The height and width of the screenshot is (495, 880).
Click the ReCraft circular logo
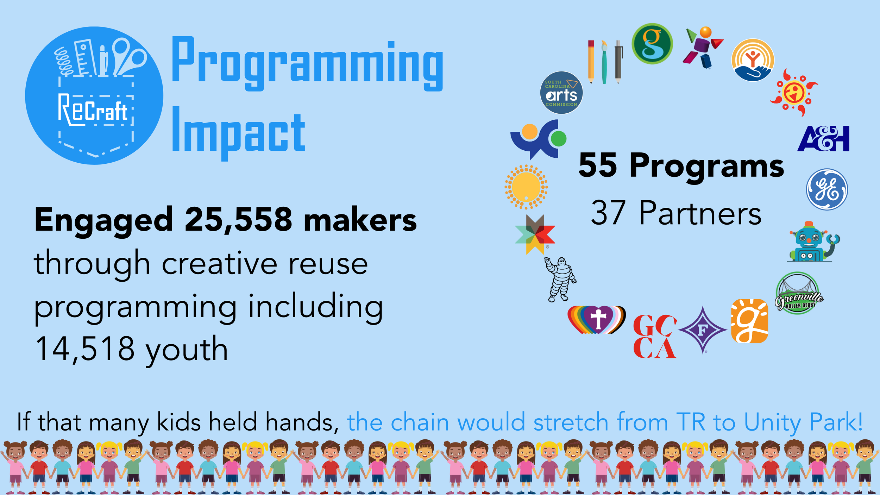click(x=94, y=95)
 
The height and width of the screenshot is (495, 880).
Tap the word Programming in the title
click(x=307, y=63)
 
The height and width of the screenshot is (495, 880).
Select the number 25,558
click(x=238, y=220)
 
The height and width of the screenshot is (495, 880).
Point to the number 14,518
click(x=85, y=349)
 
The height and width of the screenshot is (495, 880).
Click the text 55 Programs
click(x=681, y=165)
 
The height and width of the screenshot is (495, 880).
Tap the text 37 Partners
click(x=676, y=213)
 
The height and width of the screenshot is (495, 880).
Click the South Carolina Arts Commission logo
click(x=561, y=93)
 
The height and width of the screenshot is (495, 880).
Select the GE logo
click(x=827, y=189)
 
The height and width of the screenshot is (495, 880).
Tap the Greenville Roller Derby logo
click(x=798, y=293)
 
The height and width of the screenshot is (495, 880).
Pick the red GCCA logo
click(x=654, y=337)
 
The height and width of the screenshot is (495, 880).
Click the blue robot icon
click(x=812, y=242)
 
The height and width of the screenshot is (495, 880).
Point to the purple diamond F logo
click(x=703, y=330)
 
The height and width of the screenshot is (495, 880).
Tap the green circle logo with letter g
click(x=652, y=44)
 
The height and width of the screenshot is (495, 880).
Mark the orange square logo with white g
click(x=749, y=321)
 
